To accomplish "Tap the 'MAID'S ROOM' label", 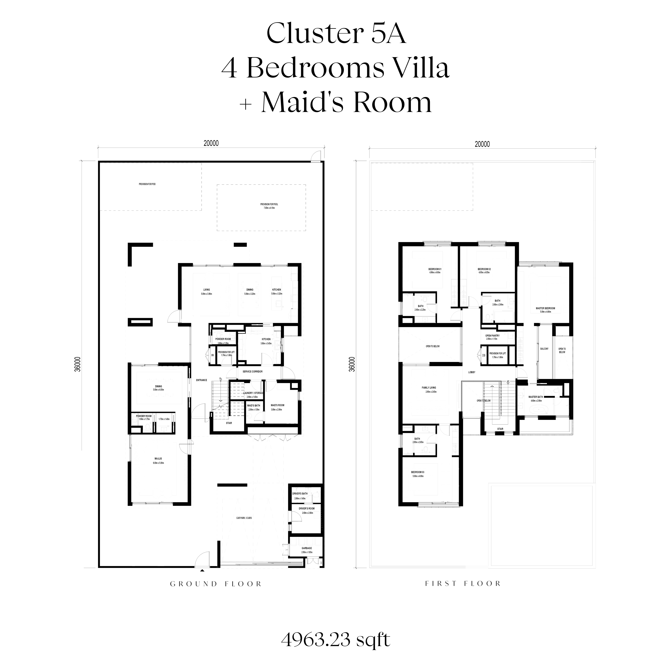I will tap(277, 405).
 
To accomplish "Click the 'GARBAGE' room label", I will tap(307, 558).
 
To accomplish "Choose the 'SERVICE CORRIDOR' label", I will tap(252, 372).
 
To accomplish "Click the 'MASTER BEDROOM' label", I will tap(545, 308).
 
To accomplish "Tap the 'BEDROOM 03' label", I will tap(418, 472).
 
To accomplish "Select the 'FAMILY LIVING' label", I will tap(429, 388).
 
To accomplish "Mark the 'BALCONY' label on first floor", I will tap(544, 349).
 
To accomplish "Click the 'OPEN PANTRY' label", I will tap(493, 335).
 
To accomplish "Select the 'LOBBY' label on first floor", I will tap(472, 372).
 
